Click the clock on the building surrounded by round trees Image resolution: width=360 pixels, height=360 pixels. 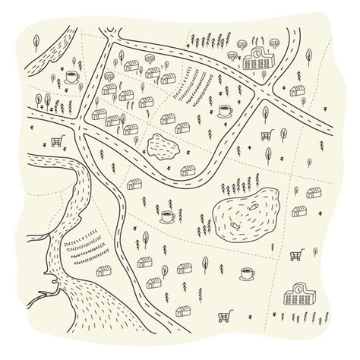(x=257, y=55)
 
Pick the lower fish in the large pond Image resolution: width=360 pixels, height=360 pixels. (x=235, y=223)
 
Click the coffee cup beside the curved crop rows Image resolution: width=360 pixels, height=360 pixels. (x=225, y=111)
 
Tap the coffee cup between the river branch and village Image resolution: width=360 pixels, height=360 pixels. (x=71, y=75)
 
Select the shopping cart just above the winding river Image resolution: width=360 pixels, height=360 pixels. (x=55, y=141)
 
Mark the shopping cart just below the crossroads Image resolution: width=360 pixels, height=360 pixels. (x=267, y=136)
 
